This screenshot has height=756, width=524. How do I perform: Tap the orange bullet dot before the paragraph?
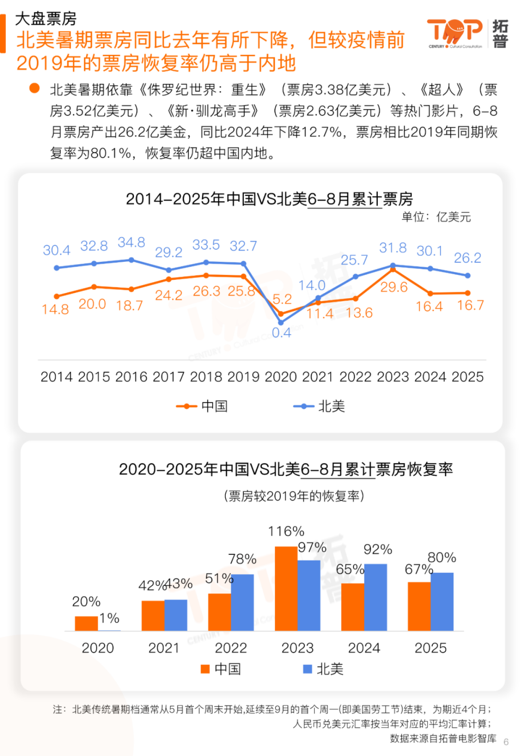34,88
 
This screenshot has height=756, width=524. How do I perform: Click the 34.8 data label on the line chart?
131,243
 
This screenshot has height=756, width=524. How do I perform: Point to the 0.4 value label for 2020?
282,333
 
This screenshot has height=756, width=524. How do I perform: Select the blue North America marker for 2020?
281,323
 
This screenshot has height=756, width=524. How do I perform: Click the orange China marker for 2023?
393,270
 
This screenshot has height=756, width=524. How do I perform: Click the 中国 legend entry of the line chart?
203,406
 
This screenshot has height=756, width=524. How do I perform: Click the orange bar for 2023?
286,588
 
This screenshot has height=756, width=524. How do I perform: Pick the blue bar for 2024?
376,597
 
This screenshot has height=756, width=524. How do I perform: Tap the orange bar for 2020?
86,623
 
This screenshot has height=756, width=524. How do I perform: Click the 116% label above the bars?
286,531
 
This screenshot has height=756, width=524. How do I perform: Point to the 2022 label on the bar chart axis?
231,648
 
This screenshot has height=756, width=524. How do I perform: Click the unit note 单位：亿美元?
436,217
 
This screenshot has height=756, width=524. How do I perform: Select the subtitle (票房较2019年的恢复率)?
294,496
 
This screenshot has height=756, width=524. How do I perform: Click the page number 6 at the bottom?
506,742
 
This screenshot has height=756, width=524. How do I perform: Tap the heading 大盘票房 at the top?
46,18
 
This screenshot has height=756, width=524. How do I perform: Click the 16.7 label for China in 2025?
470,305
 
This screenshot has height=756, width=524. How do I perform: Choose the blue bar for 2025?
442,601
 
